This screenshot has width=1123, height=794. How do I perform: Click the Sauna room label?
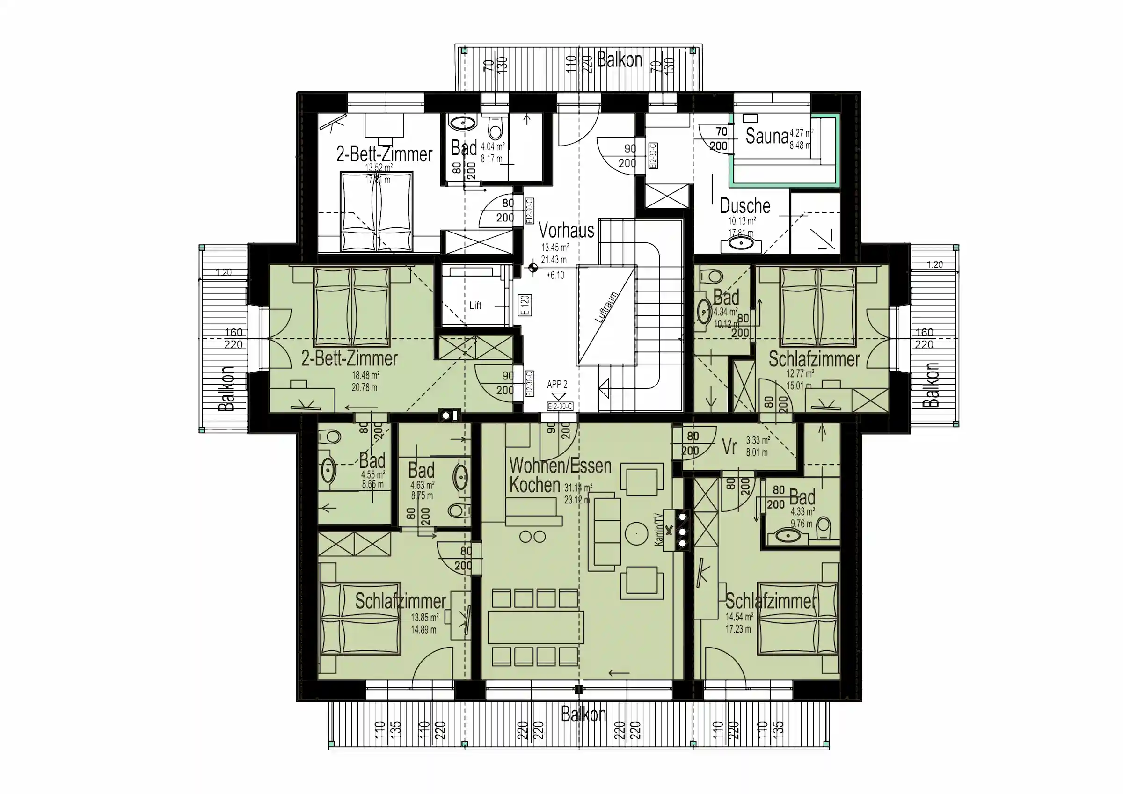(x=766, y=137)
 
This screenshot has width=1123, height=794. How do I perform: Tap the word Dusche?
(x=745, y=206)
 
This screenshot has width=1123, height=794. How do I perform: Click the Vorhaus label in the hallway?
(x=566, y=230)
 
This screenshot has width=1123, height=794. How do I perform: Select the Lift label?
(x=475, y=306)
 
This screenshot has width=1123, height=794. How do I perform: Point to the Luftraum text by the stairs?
(x=606, y=307)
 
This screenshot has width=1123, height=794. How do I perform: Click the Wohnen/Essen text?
(x=560, y=466)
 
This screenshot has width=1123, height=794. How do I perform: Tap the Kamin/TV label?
(x=659, y=529)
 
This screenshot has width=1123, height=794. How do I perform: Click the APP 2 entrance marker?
(x=557, y=385)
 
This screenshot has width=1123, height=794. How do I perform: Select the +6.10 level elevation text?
(x=554, y=276)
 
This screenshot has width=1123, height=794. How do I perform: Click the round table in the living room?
(x=636, y=533)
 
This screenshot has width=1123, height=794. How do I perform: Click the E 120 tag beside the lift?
(x=525, y=305)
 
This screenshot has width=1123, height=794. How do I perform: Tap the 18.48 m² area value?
(x=365, y=376)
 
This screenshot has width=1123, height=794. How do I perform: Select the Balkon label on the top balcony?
(x=619, y=60)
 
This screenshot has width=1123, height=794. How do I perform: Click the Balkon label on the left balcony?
(x=226, y=389)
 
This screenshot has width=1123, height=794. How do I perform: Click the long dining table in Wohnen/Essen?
(x=535, y=627)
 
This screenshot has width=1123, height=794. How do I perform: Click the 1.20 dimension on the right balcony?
(x=935, y=265)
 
